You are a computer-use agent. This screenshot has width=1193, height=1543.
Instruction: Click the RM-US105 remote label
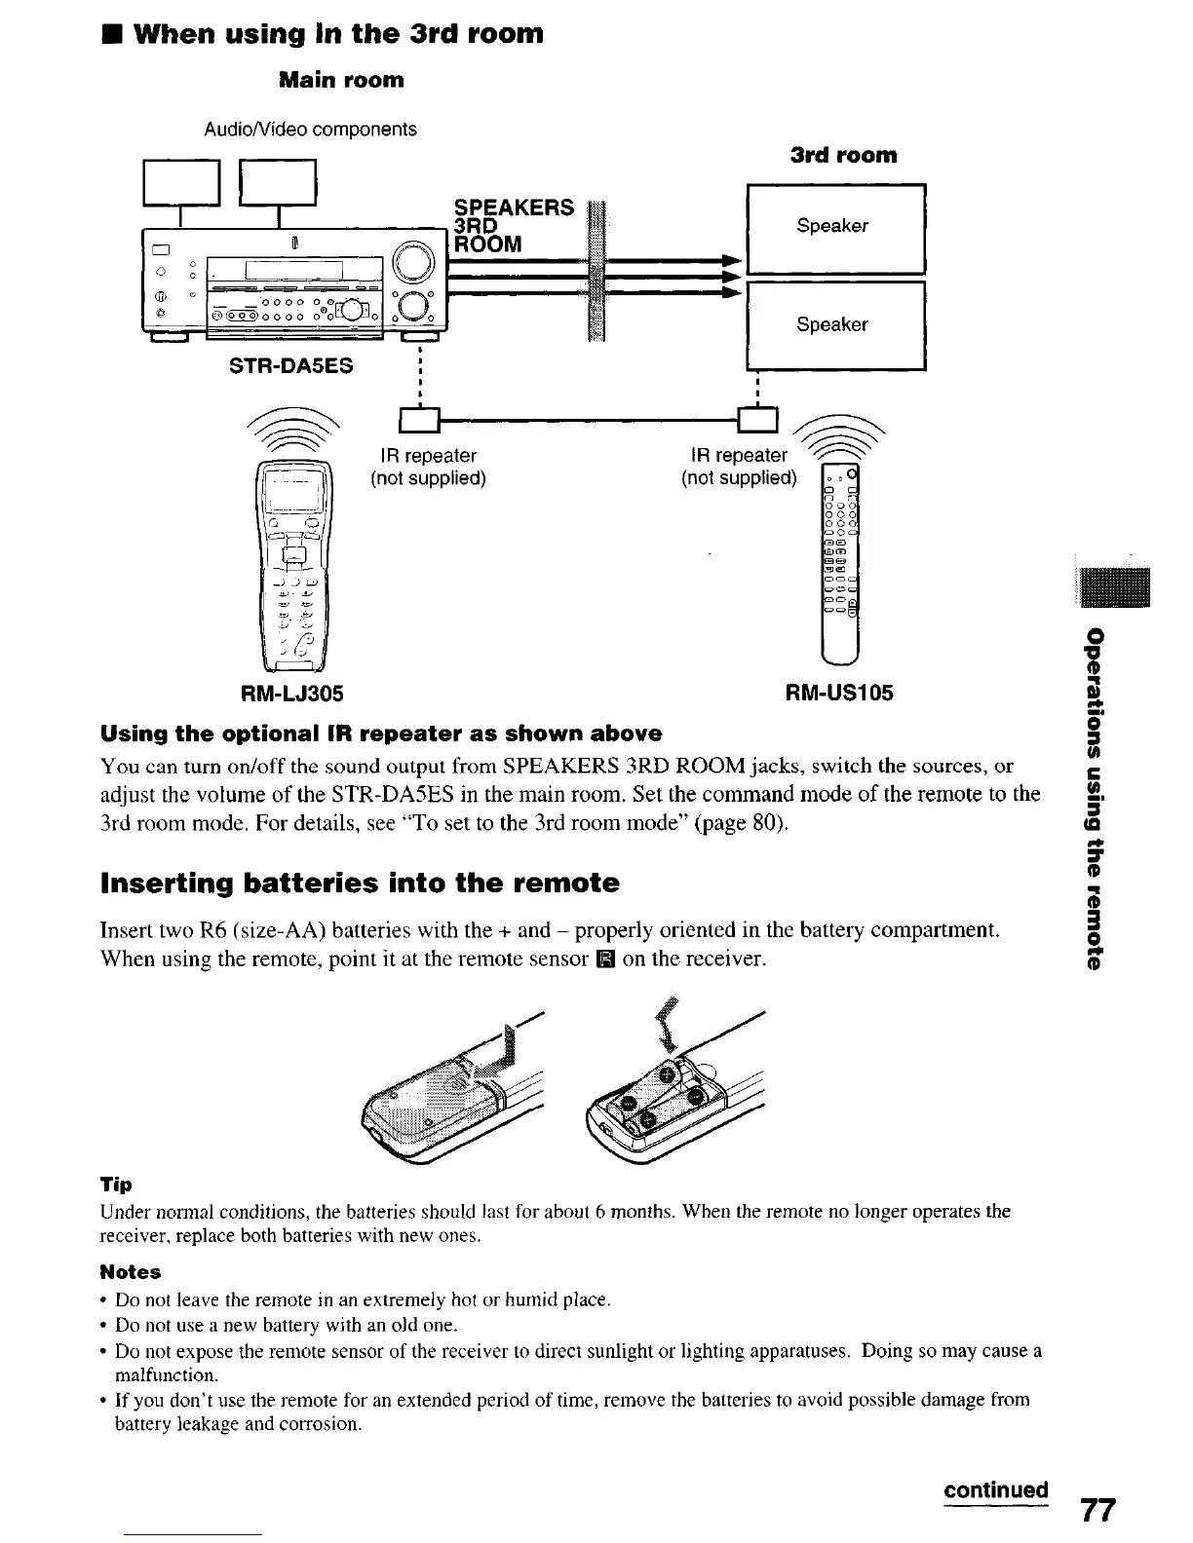click(839, 693)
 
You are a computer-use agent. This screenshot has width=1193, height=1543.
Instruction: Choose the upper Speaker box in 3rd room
click(834, 228)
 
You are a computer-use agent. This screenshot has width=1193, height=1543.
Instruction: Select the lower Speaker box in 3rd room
click(834, 324)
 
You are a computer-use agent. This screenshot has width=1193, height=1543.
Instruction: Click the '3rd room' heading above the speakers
click(843, 156)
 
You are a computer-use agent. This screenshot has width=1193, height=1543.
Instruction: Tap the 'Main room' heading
click(341, 80)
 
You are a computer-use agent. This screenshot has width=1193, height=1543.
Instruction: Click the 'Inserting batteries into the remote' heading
click(360, 884)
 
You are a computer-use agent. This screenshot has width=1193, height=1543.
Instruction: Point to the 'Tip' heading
click(116, 1185)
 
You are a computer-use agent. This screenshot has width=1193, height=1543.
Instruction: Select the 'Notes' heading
click(131, 1272)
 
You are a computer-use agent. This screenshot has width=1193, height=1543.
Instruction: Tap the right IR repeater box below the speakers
click(758, 420)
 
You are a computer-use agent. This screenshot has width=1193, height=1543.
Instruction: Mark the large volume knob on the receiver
click(410, 262)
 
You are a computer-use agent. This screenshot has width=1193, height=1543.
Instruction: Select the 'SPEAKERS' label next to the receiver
click(515, 207)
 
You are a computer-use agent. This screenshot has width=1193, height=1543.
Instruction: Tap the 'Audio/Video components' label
click(310, 130)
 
